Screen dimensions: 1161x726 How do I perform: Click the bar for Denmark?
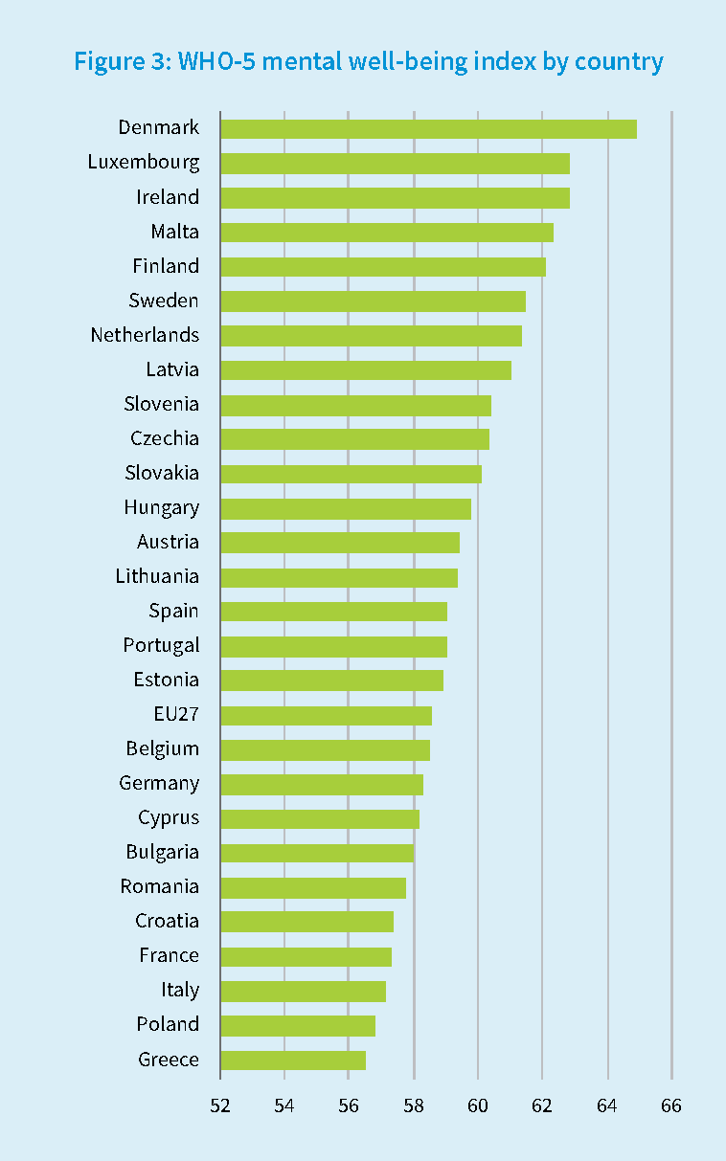428,128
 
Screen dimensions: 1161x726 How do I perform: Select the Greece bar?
293,1060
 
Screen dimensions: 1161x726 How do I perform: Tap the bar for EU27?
326,715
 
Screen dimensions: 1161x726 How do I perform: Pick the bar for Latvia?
366,369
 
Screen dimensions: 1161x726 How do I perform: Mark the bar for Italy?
303,991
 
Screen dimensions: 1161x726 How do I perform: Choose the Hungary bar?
346,507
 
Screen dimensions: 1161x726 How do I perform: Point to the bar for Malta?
387,232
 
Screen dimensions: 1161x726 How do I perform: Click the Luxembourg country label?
144,162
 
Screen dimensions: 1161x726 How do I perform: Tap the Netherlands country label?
145,335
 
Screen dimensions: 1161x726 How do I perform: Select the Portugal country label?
161,645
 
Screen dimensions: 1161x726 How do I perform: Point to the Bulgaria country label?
162,852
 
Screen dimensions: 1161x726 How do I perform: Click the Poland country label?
168,1024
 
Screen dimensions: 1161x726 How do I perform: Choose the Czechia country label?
165,438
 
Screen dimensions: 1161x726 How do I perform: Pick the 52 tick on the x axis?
220,1105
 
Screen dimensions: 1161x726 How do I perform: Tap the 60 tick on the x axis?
478,1105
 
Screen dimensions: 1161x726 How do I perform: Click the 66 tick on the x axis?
671,1105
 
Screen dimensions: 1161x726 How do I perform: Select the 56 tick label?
349,1105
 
